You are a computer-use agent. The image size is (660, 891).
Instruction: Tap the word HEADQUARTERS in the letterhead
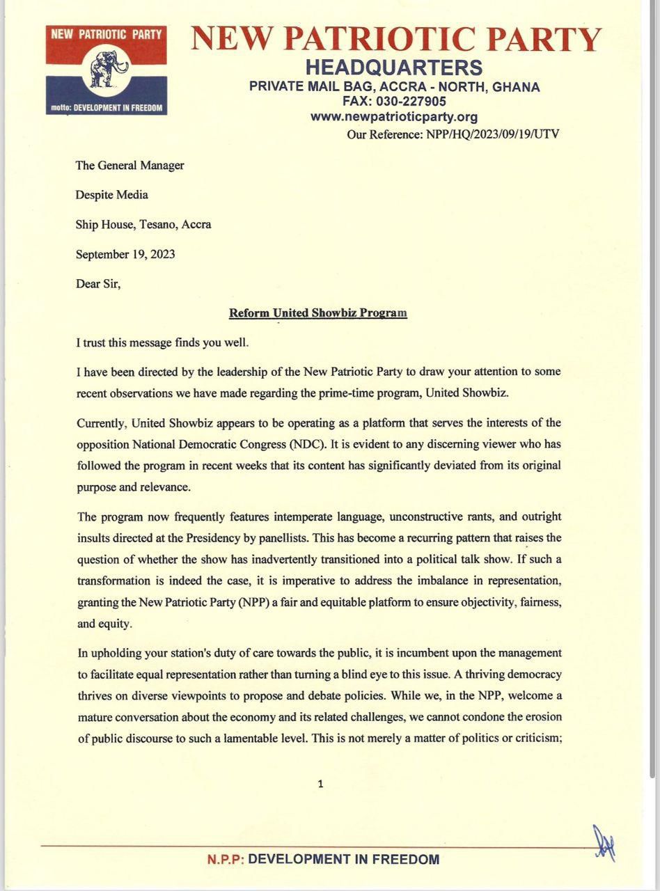(394, 68)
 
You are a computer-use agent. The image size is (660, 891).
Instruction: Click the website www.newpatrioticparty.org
(394, 117)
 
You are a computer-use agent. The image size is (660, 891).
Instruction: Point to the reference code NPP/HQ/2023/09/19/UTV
(491, 134)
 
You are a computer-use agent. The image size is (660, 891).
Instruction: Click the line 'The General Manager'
(129, 165)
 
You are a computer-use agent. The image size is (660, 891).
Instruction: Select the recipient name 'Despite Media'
(111, 195)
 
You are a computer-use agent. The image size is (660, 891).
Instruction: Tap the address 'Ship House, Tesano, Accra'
(143, 224)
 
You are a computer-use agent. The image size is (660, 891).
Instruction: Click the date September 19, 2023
(125, 254)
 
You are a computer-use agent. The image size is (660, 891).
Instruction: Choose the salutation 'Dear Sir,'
(98, 284)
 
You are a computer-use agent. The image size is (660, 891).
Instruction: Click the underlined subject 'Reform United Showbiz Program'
(318, 313)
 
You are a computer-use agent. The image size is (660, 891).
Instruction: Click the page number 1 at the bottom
(320, 783)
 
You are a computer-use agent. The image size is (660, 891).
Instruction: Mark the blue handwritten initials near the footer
(604, 843)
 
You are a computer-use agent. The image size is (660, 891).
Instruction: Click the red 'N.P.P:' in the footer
(226, 860)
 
